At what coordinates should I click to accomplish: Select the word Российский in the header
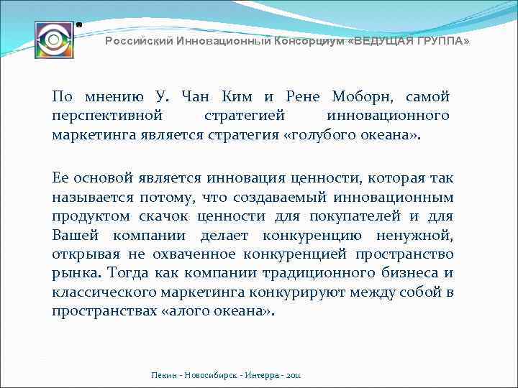134,42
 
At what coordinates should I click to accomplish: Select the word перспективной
107,115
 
